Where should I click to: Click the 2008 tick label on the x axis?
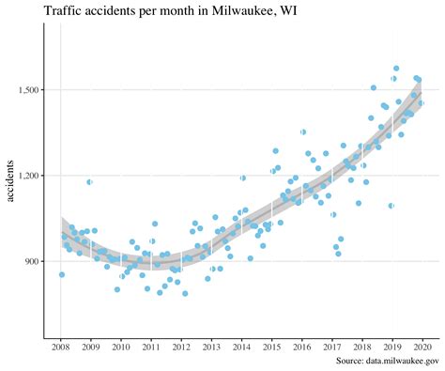(x=61, y=347)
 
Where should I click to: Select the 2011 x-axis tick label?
(x=151, y=347)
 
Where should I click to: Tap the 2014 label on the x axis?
(x=241, y=347)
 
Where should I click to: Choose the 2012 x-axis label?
(x=181, y=347)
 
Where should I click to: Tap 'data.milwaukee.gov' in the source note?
(x=404, y=360)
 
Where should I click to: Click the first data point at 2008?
(x=62, y=274)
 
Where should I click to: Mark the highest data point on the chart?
(x=396, y=69)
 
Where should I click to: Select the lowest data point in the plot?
(x=185, y=293)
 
